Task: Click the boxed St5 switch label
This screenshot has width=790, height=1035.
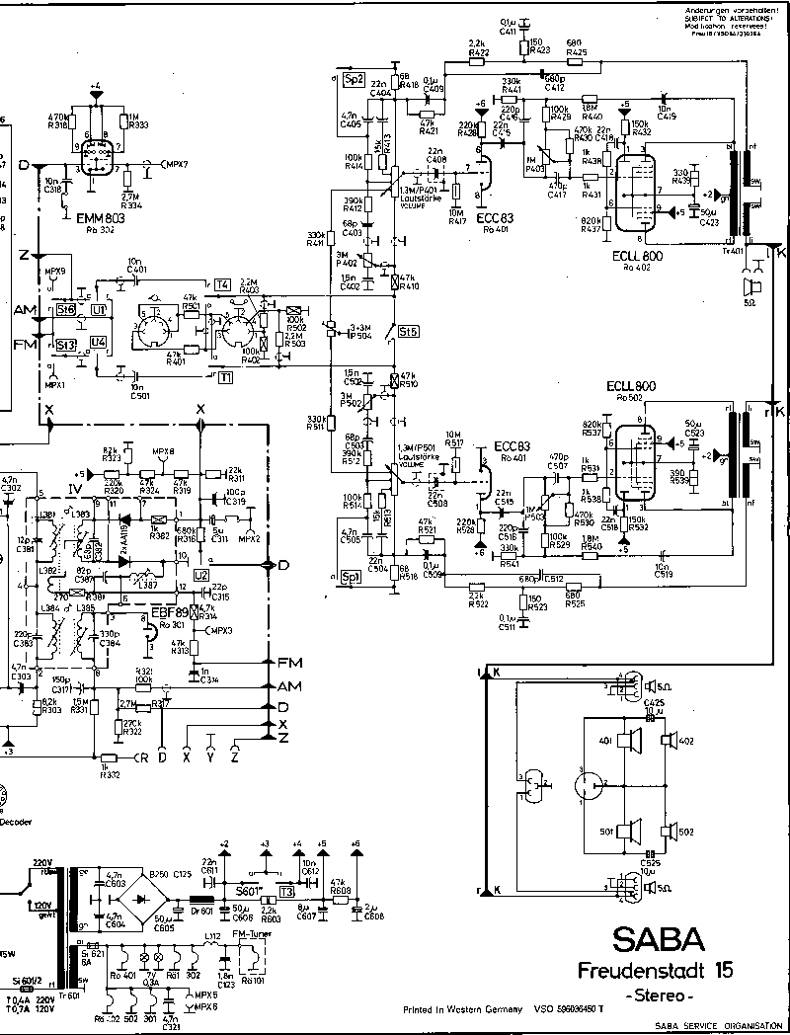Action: point(408,333)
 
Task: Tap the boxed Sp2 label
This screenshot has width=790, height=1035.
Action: point(355,78)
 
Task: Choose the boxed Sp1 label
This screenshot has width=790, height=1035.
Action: point(349,576)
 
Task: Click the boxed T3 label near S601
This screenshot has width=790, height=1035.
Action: point(287,891)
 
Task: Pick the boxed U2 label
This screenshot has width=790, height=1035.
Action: point(200,574)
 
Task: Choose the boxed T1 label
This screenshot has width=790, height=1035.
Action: point(227,377)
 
